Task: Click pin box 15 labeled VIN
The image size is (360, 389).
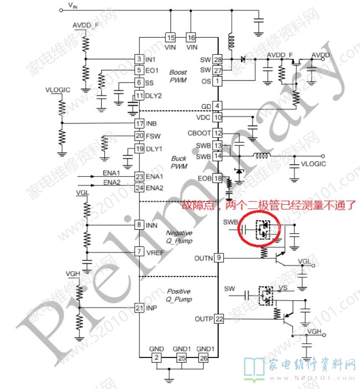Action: (170, 38)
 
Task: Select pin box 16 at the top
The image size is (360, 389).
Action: (191, 38)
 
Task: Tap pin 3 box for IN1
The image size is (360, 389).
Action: (139, 59)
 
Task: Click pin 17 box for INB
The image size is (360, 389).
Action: (139, 123)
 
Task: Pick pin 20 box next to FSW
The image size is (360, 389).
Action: (139, 136)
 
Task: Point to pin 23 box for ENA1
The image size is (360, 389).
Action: (139, 177)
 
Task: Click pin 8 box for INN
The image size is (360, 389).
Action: (139, 225)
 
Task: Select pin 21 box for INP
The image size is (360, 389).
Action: (139, 308)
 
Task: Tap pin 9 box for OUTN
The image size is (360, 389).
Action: (218, 258)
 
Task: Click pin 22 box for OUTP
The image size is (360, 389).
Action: (218, 319)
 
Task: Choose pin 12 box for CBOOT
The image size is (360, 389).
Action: (218, 133)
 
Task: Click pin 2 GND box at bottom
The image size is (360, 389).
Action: (155, 358)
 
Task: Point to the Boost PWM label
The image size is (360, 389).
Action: (178, 76)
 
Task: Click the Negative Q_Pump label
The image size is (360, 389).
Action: (179, 237)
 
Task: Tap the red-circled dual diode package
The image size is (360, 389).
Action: (263, 229)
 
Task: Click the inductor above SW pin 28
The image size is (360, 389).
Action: (230, 41)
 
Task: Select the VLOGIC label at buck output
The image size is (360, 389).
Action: (313, 164)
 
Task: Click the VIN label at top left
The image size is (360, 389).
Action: (72, 5)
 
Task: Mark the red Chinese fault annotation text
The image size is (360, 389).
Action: (268, 205)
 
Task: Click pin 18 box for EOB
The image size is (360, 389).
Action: (218, 179)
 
